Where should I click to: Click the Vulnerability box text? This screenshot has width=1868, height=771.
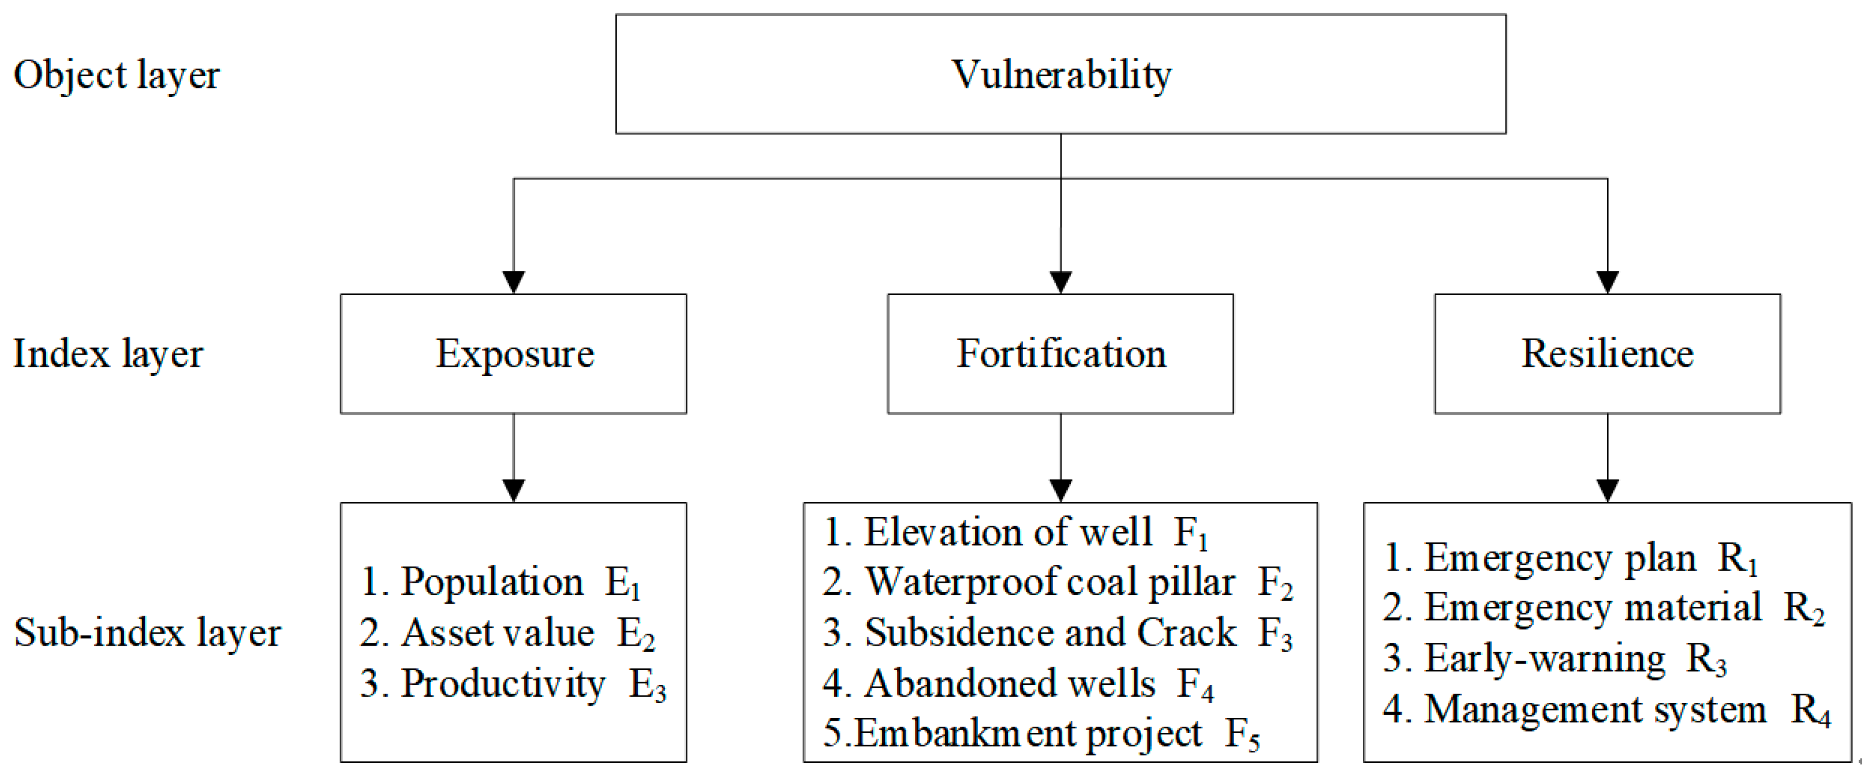[1060, 75]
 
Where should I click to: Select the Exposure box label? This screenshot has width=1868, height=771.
[514, 354]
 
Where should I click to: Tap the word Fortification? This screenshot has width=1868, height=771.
[1060, 354]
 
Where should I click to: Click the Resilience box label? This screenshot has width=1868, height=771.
[1607, 354]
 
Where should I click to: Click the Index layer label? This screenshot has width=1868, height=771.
[108, 355]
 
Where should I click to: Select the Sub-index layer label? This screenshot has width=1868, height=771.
[147, 633]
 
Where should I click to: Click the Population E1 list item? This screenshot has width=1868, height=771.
[500, 582]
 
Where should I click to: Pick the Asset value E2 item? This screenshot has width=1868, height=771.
[507, 633]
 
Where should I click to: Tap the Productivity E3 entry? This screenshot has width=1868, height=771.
[512, 684]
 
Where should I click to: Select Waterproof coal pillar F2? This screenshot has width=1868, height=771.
[1058, 582]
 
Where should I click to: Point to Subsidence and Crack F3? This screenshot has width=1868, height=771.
[1058, 633]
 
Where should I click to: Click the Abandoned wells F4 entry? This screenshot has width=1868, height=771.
[1017, 684]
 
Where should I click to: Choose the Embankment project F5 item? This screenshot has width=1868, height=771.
[1041, 734]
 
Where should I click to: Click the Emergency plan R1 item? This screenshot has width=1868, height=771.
[1570, 559]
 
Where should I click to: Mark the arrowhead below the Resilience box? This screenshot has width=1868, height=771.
[1608, 490]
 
